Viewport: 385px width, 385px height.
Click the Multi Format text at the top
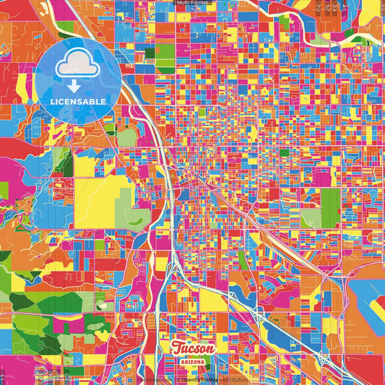point(192,4)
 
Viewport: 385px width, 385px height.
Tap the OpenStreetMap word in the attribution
point(199,378)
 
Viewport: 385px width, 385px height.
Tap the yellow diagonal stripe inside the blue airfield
point(374,307)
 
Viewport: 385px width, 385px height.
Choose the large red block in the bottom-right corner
point(365,361)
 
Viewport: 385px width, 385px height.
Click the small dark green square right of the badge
point(150,53)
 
